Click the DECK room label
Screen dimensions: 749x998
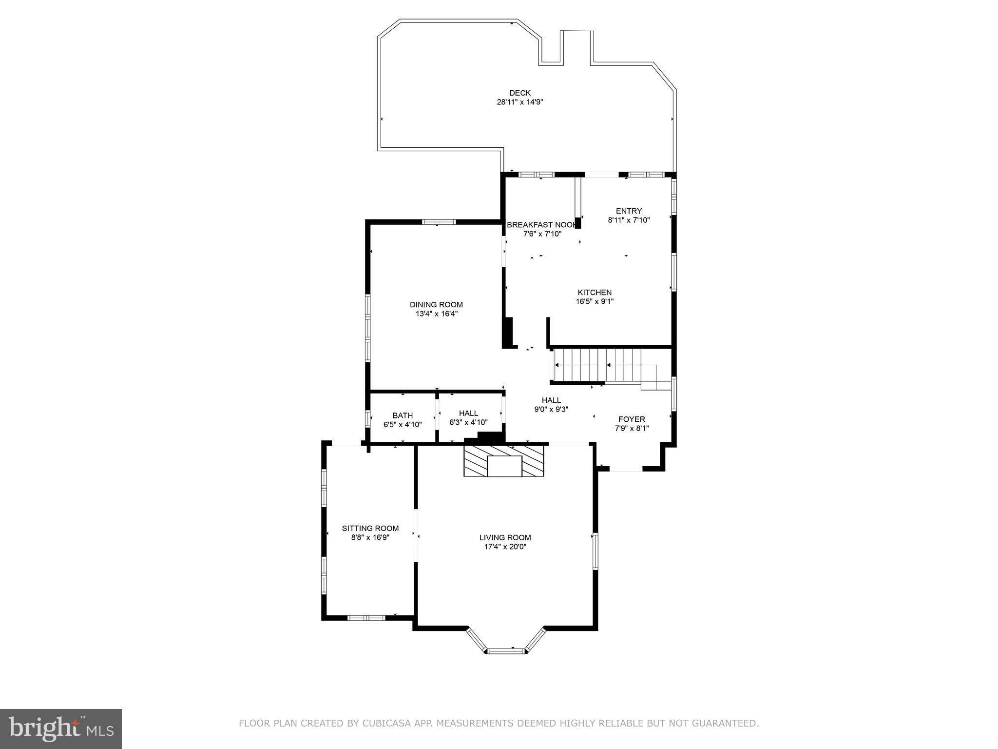pos(519,93)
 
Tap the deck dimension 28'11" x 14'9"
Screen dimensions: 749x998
pos(519,102)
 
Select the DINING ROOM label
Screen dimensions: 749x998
pos(436,305)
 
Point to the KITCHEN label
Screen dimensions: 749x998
pos(595,293)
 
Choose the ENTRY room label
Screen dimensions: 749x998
pos(629,211)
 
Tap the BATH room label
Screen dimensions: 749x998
pos(403,415)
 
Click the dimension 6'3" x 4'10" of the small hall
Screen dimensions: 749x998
pos(468,423)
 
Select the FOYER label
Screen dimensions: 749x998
pos(632,419)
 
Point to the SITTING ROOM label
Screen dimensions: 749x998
pos(370,528)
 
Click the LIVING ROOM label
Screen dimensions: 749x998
pos(505,537)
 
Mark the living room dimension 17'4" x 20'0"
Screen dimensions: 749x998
pos(505,547)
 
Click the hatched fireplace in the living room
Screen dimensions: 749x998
pos(504,460)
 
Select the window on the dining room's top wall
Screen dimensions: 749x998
pos(439,222)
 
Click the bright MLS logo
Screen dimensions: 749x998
pos(61,729)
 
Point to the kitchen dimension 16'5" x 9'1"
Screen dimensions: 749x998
pos(595,301)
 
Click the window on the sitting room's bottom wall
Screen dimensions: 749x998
pos(366,618)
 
